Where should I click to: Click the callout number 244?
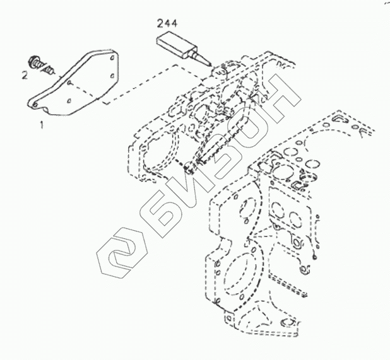coord(167,25)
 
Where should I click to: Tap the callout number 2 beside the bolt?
coord(23,76)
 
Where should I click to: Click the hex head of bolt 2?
coord(36,62)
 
